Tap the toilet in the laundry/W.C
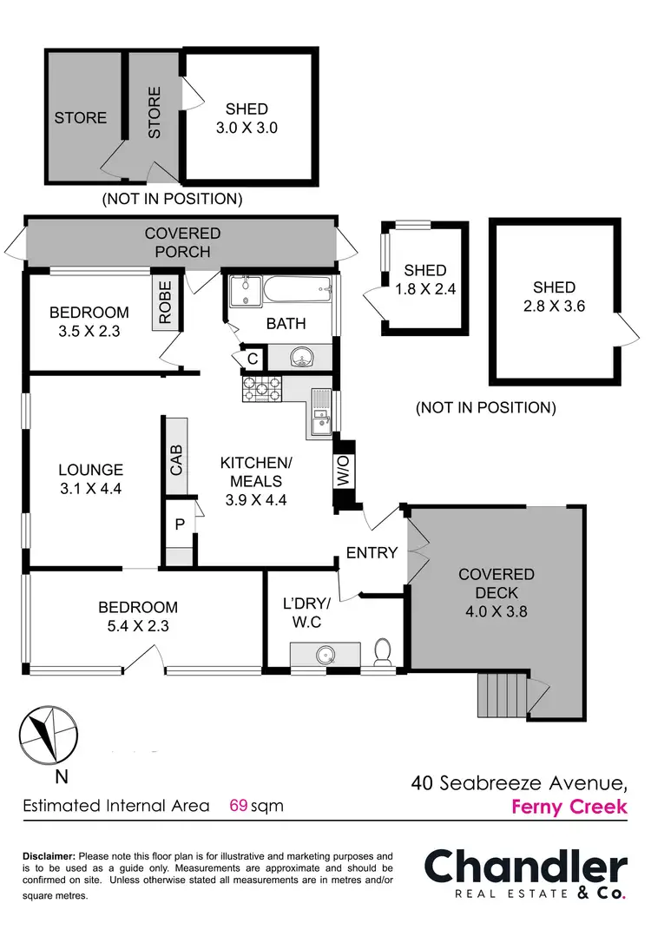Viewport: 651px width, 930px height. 382,651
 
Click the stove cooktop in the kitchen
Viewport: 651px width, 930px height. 262,389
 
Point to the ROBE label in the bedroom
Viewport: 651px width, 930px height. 165,301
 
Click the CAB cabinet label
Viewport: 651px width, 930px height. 176,460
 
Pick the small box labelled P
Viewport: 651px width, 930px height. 181,524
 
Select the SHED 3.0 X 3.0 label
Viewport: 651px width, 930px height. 247,118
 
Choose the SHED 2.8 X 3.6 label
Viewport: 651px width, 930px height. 554,297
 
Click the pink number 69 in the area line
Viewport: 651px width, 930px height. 239,805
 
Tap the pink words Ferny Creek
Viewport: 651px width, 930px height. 569,807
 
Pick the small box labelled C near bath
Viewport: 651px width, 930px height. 252,358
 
